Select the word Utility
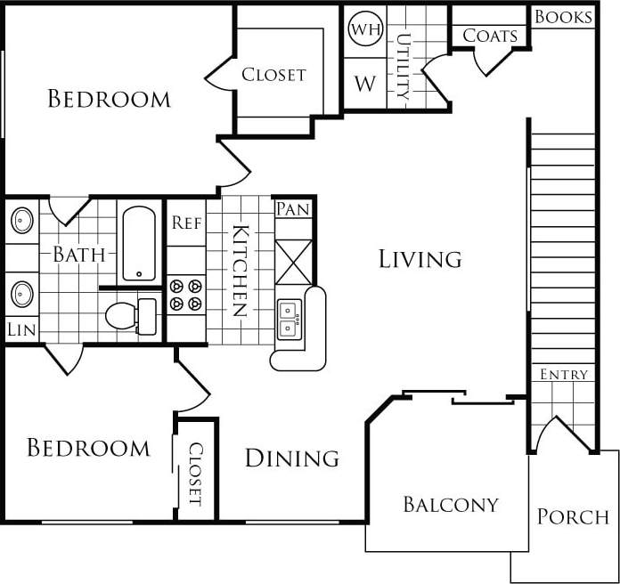pos(404,66)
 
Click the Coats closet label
pos(490,36)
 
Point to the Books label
pos(563,17)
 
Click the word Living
pos(420,259)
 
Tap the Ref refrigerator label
pos(186,223)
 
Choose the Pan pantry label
pos(293,209)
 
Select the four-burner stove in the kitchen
pos(186,295)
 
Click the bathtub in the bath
pos(139,244)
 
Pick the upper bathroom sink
pos(21,220)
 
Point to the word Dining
pos(291,458)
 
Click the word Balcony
pos(450,505)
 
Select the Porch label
pos(573,516)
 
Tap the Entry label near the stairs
pos(564,375)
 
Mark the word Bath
pos(79,255)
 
